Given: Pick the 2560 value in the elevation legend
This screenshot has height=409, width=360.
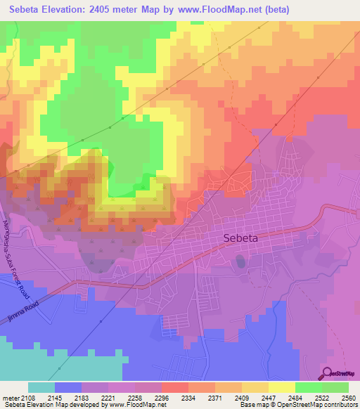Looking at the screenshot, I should [x=348, y=397].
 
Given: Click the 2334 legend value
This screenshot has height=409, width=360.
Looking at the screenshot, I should [x=189, y=397].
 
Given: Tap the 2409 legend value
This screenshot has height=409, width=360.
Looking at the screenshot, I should [x=242, y=397].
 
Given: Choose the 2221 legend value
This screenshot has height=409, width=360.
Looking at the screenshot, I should [x=110, y=397].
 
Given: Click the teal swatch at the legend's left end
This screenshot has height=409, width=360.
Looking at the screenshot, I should [x=41, y=387].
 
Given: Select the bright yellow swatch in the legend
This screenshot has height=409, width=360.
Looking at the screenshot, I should [x=281, y=387].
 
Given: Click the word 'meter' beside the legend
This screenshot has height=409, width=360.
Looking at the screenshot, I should [x=10, y=397].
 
